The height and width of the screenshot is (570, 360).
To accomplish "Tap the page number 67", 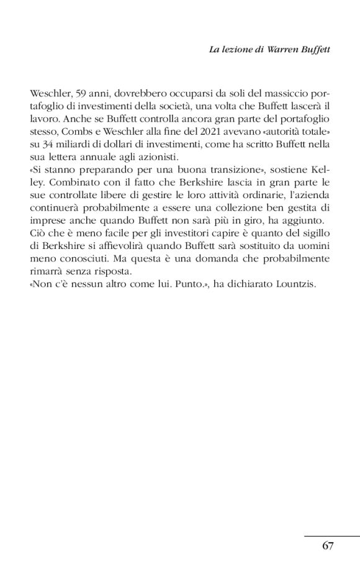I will click(328, 546).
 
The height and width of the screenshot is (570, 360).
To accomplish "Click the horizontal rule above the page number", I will click(331, 535).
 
